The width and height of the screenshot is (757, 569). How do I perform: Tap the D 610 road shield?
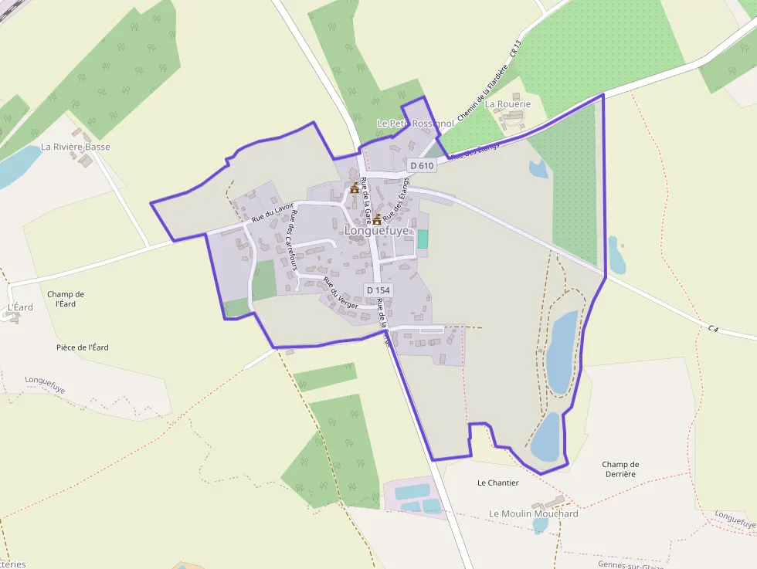coord(423,165)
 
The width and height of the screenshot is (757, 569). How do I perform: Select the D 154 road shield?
coord(378,290)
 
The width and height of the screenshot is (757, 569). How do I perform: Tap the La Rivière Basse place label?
coord(76,147)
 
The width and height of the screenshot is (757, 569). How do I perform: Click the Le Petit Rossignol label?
coord(415,124)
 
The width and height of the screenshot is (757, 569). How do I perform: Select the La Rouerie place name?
coord(507,103)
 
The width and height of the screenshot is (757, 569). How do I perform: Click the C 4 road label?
coord(713,329)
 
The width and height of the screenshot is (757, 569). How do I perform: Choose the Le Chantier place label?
coord(498,483)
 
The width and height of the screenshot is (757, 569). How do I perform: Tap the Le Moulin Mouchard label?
coord(534,513)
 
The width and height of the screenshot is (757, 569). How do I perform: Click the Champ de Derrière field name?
coord(620,469)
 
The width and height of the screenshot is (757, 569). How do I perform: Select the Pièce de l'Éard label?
coord(83,347)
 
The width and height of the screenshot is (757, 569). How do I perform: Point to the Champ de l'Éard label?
coord(66,299)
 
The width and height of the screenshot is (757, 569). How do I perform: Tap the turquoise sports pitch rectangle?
coord(423,239)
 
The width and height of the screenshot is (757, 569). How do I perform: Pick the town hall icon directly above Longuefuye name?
coord(377,219)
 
